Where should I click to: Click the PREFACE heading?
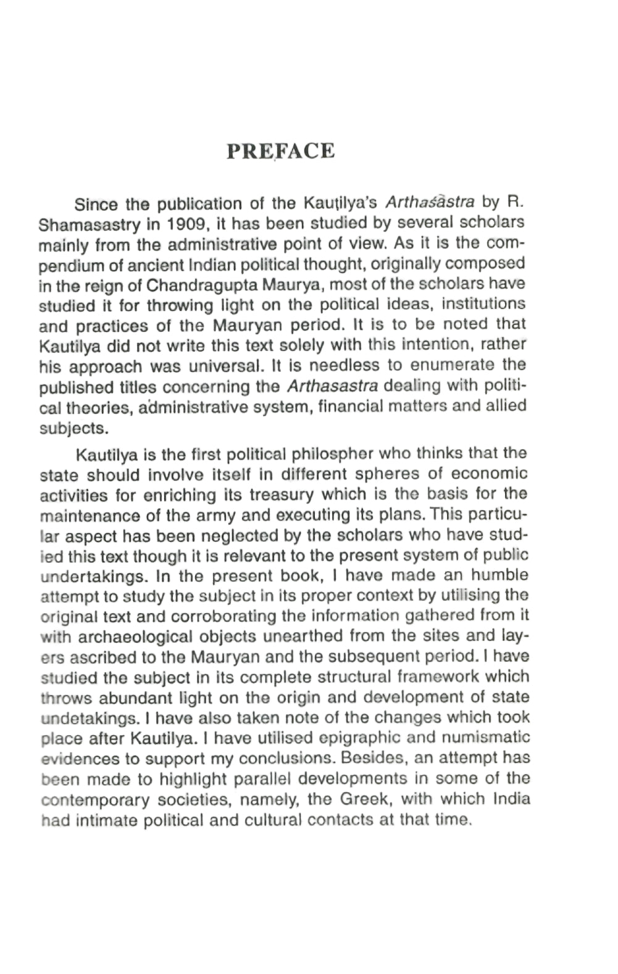click(281, 151)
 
